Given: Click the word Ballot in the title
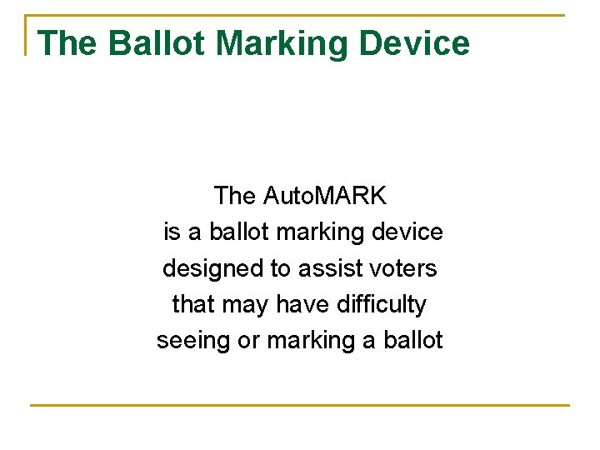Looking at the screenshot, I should (x=157, y=43).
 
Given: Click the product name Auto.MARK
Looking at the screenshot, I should (x=325, y=196).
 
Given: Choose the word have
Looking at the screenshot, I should (x=304, y=305).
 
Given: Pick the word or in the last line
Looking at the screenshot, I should (x=249, y=341).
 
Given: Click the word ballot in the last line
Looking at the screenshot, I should (x=413, y=341).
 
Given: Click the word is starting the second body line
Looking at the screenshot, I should (x=172, y=232).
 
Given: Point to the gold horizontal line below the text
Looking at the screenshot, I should (x=300, y=406).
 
